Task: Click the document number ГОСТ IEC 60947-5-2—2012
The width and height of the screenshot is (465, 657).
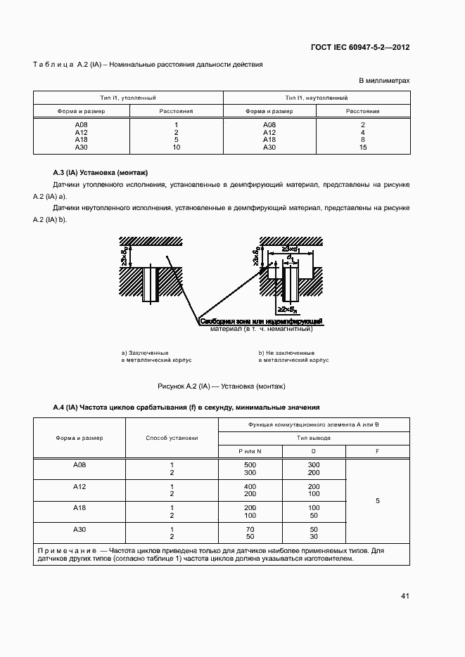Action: [x=359, y=48]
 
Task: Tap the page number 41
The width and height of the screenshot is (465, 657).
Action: [x=405, y=596]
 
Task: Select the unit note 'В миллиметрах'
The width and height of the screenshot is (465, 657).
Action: [x=384, y=81]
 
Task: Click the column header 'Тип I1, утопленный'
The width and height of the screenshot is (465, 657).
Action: [x=128, y=98]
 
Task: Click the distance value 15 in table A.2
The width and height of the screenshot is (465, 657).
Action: [x=363, y=147]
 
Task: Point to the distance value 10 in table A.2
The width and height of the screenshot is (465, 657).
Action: [x=176, y=147]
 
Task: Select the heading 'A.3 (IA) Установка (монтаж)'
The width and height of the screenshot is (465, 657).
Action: [x=101, y=172]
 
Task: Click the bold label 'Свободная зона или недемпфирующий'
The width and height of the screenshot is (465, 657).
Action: [x=261, y=321]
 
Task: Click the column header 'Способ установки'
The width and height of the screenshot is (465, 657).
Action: [x=172, y=438]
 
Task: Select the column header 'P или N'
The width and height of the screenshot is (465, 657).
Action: [x=250, y=450]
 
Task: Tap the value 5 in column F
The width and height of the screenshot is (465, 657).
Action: [x=378, y=501]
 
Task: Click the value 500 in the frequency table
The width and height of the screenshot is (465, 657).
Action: [x=250, y=465]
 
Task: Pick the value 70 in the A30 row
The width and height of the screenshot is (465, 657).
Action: [x=250, y=528]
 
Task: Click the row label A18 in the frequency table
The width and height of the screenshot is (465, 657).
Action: [x=79, y=507]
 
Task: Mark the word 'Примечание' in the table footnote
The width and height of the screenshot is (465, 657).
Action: [x=65, y=551]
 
